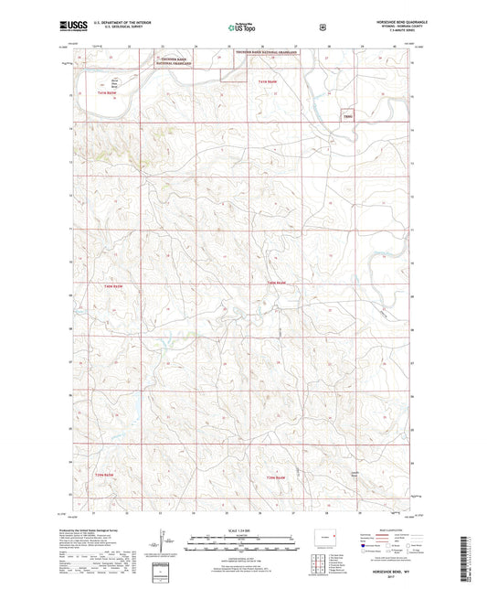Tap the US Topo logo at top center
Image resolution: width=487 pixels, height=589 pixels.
point(243,29)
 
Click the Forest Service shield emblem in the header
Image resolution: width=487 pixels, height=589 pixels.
point(322,28)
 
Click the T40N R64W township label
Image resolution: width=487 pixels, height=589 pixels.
point(278,284)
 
